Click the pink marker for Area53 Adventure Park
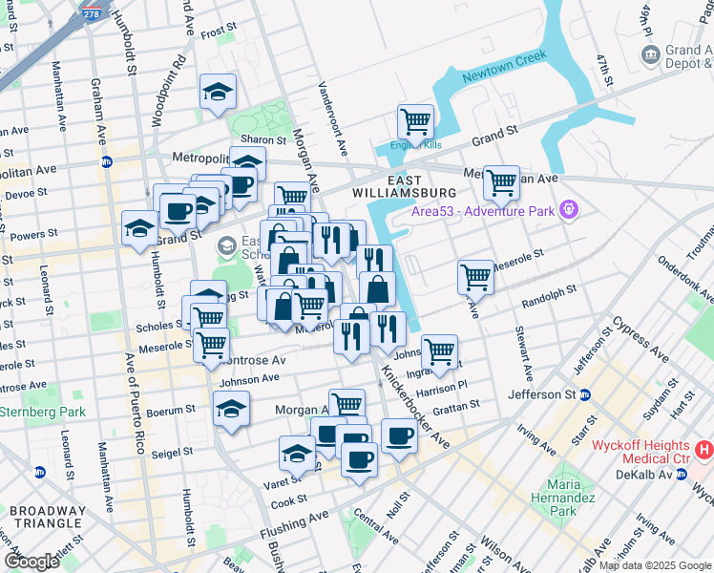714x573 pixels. (x=570, y=207)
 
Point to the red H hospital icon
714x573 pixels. (x=703, y=448)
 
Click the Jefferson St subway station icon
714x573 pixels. (x=585, y=394)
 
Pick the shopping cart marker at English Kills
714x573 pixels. (x=416, y=122)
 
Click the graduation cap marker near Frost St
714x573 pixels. (x=218, y=93)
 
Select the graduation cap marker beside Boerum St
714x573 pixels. (x=231, y=409)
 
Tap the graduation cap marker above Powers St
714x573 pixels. (x=139, y=228)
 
